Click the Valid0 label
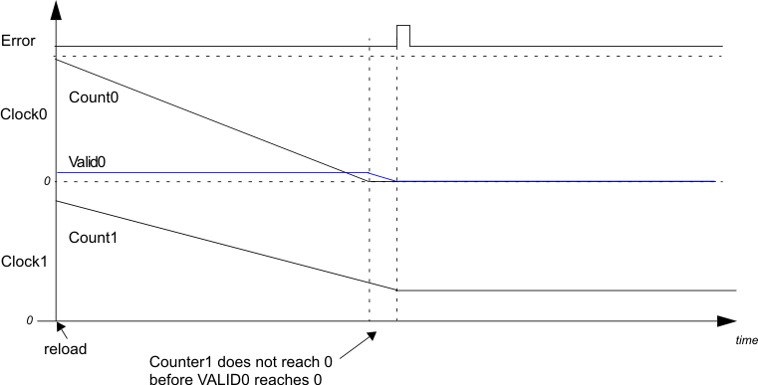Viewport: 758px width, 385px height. coord(88,160)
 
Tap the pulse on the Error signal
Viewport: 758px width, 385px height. coord(403,36)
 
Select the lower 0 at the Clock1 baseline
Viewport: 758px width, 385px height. coord(29,320)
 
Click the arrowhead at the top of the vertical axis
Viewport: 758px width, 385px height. coord(57,9)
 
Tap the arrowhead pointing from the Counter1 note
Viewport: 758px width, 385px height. coord(373,334)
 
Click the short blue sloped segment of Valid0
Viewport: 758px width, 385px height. coord(382,177)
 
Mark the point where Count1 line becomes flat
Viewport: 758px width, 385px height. coord(397,289)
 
